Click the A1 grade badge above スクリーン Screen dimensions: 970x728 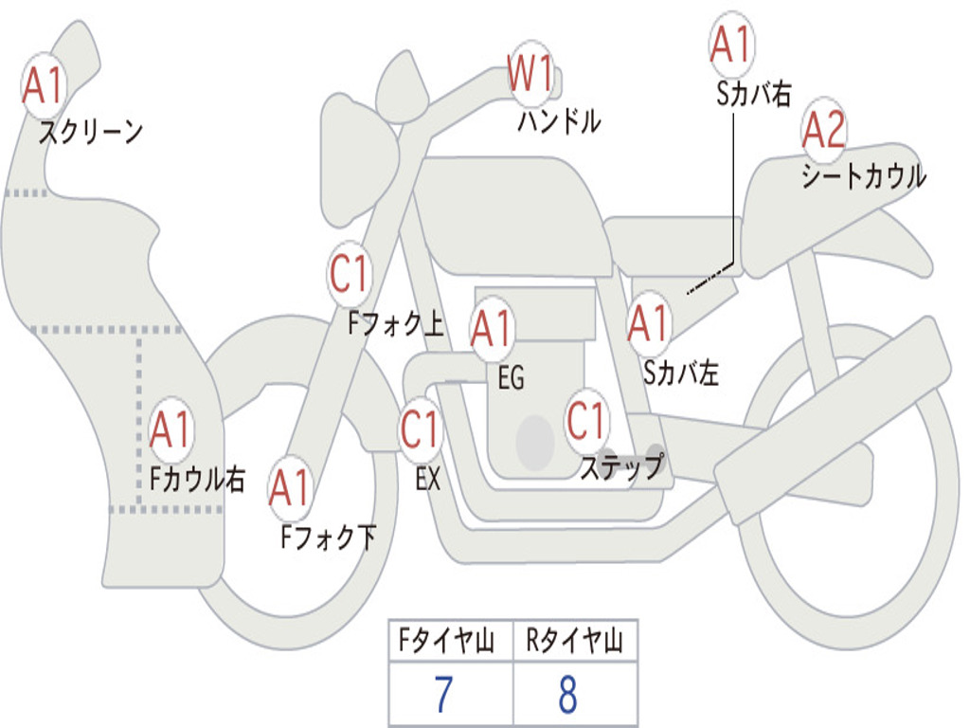[44, 85]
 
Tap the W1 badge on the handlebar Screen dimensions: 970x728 [530, 73]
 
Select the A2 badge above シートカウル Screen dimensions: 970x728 [823, 129]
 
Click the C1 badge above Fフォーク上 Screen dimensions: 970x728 [349, 274]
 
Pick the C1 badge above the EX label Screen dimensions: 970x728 [420, 429]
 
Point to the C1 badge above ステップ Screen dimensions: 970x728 [585, 420]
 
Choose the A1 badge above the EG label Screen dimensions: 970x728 [492, 328]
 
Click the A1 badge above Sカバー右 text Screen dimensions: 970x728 [732, 44]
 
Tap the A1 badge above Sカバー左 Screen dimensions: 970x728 [648, 322]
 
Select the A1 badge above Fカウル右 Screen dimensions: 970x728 [171, 429]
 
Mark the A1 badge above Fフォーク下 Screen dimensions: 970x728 [290, 488]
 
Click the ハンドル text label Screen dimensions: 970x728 [559, 121]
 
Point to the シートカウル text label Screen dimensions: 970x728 [864, 175]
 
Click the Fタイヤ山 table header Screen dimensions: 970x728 [447, 641]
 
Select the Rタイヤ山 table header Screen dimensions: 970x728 [575, 641]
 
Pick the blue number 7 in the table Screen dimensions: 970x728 [443, 694]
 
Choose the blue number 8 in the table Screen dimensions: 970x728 [568, 694]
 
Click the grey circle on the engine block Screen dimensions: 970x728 [535, 443]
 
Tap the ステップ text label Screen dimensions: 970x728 [622, 466]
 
